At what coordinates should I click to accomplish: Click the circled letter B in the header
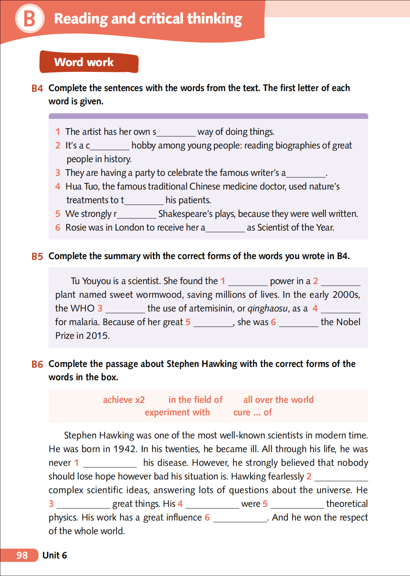tap(30, 18)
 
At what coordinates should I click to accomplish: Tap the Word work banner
tap(89, 62)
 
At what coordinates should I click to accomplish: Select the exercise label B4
tap(37, 88)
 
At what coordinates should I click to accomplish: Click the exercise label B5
tap(37, 256)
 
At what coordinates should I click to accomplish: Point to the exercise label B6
tap(37, 364)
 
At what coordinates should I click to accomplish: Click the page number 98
tap(22, 555)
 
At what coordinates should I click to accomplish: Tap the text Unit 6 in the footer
tap(55, 555)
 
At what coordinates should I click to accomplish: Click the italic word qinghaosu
tap(268, 308)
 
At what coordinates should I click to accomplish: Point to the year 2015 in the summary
tap(97, 336)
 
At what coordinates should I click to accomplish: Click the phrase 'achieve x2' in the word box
tap(124, 400)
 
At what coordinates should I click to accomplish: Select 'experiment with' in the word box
tap(177, 412)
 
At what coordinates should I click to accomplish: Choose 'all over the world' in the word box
tap(278, 400)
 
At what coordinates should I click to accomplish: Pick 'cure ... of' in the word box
tap(252, 412)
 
